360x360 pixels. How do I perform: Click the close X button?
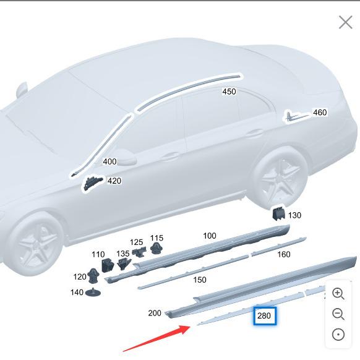pyautogui.click(x=345, y=22)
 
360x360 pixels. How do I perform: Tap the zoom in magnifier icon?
pyautogui.click(x=338, y=294)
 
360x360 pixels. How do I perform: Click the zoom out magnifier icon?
pyautogui.click(x=338, y=314)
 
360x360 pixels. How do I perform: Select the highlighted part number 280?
pyautogui.click(x=264, y=316)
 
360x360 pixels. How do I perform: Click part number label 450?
pyautogui.click(x=229, y=92)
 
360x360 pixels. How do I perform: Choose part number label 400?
pyautogui.click(x=109, y=161)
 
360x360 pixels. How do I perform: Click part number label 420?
pyautogui.click(x=114, y=181)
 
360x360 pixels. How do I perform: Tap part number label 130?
pyautogui.click(x=294, y=215)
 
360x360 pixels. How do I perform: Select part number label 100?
pyautogui.click(x=210, y=236)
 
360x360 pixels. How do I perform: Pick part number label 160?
pyautogui.click(x=283, y=254)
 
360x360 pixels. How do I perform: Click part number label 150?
pyautogui.click(x=199, y=280)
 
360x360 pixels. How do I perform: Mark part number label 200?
pyautogui.click(x=155, y=313)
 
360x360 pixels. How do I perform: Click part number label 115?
pyautogui.click(x=156, y=238)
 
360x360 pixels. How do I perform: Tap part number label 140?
pyautogui.click(x=77, y=293)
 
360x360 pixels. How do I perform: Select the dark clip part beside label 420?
pyautogui.click(x=93, y=183)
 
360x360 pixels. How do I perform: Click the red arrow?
pyautogui.click(x=158, y=338)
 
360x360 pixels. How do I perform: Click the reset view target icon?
pyautogui.click(x=338, y=335)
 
